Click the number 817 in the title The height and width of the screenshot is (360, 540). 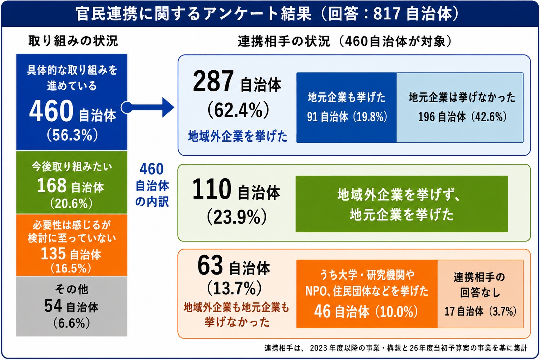(x=387, y=13)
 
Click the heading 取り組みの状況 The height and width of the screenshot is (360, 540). (x=73, y=41)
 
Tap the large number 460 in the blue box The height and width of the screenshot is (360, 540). (x=51, y=111)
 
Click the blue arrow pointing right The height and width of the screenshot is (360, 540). (x=147, y=107)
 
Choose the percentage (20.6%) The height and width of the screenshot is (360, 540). (x=71, y=204)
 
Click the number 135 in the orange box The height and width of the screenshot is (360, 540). (x=53, y=253)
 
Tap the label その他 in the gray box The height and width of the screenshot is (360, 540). (x=72, y=289)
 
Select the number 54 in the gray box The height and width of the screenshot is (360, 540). (x=53, y=306)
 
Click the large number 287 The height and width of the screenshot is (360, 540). (x=213, y=81)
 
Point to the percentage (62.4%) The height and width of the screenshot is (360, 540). (x=238, y=110)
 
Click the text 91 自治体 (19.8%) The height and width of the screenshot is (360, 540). (x=347, y=117)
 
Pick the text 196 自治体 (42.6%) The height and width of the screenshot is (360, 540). (x=462, y=117)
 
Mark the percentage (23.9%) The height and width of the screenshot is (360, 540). (x=237, y=217)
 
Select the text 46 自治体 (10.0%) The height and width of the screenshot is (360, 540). (x=366, y=311)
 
